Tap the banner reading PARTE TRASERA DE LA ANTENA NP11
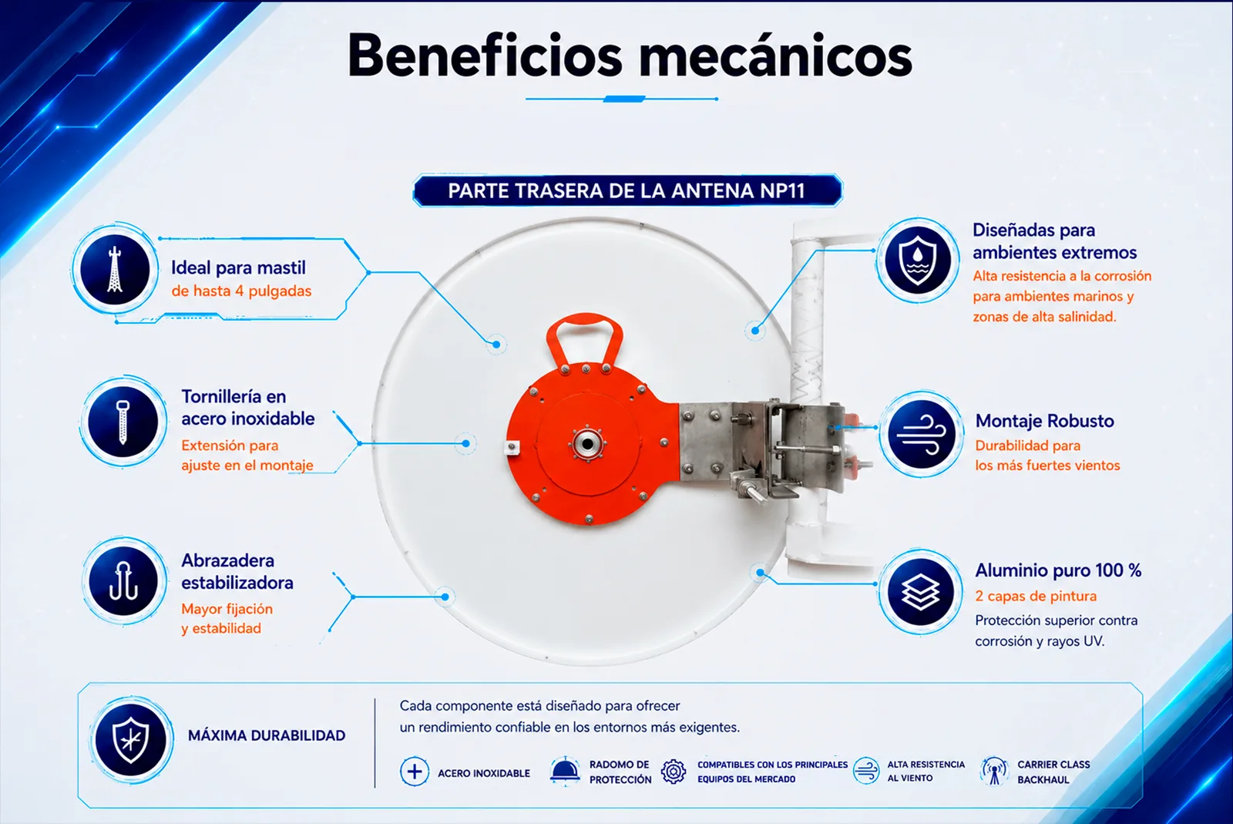coord(627,190)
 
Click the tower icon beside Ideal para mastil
coord(115,269)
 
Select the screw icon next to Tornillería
coord(123,422)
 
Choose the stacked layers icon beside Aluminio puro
coord(920,592)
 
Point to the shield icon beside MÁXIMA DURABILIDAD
coord(130,740)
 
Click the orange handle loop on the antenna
coord(585,337)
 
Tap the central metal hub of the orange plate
coord(587,444)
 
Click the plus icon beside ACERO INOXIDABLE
coord(415,772)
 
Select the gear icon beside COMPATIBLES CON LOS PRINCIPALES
coord(674,771)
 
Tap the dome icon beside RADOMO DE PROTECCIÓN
coord(565,770)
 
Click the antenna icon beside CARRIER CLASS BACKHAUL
coord(994,771)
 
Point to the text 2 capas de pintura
coord(1036,596)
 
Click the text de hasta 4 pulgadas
coord(241,291)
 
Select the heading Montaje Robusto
coord(1044,421)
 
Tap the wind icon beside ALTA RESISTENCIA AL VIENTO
coord(866,771)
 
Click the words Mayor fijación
coord(227,610)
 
